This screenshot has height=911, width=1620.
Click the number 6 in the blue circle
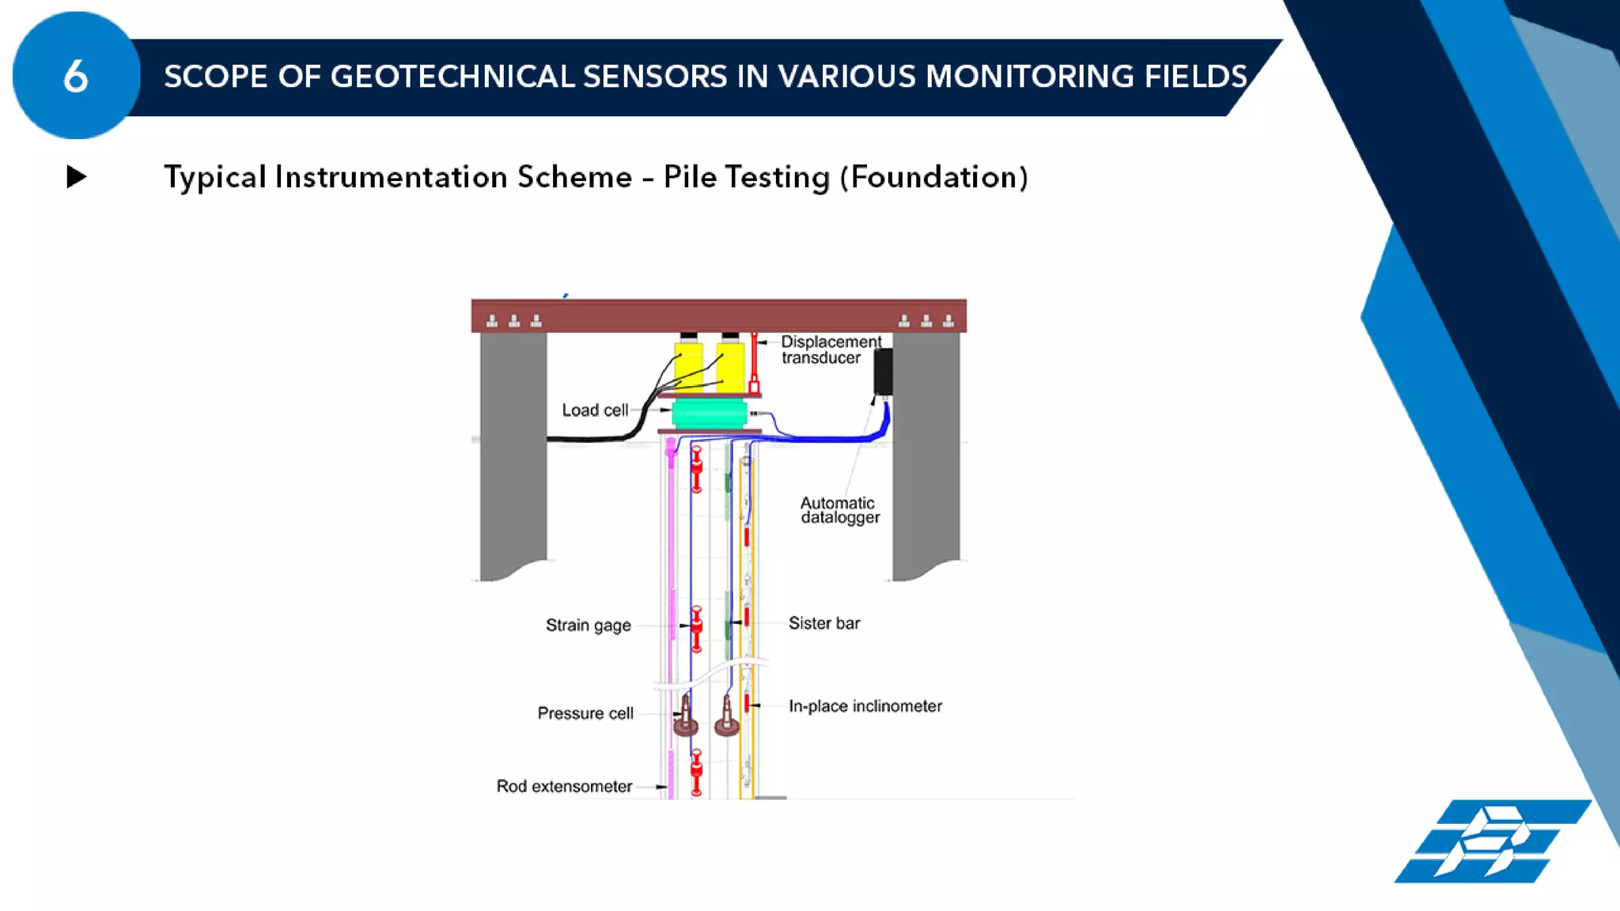(76, 77)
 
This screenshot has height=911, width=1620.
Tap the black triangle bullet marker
(76, 176)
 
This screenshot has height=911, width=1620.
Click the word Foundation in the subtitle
(933, 177)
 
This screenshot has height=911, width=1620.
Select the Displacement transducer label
(830, 350)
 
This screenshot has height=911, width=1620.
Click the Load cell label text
(594, 410)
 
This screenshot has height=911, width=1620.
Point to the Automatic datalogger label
(838, 510)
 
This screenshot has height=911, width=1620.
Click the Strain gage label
(588, 625)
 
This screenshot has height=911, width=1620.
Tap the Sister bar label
(823, 623)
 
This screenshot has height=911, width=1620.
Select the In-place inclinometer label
(865, 706)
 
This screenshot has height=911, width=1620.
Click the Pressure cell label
(585, 713)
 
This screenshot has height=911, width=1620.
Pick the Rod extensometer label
(564, 786)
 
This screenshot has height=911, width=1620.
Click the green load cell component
(709, 414)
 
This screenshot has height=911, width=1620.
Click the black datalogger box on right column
(883, 372)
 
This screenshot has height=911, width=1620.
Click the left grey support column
(513, 451)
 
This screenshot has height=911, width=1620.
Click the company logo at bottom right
(1491, 841)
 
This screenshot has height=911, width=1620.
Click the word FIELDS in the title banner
(1195, 77)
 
